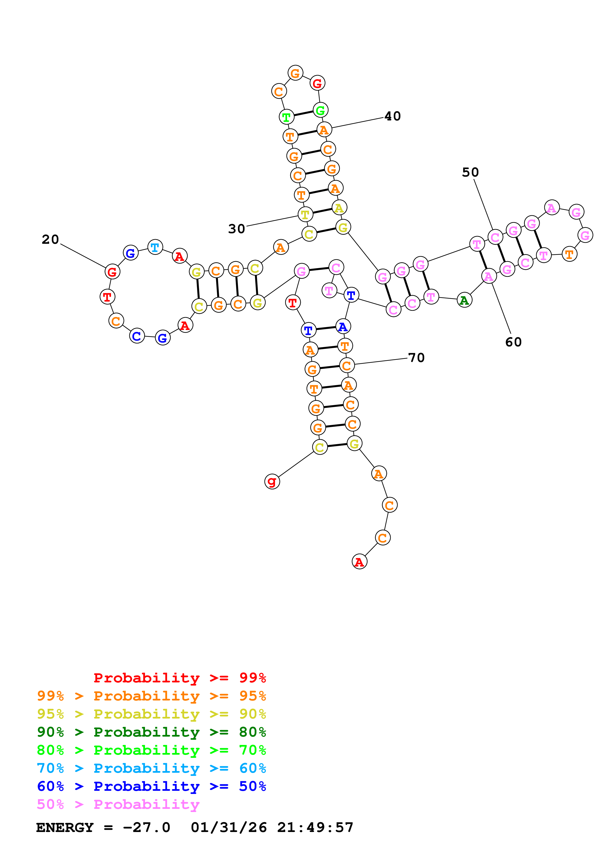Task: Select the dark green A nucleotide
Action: click(464, 300)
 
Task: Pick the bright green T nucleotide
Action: click(286, 117)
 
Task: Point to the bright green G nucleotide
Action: click(320, 110)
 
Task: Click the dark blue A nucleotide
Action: click(343, 326)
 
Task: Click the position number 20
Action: click(50, 240)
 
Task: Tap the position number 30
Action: click(236, 229)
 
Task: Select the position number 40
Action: click(393, 116)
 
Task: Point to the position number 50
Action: click(471, 172)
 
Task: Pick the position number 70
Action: click(416, 358)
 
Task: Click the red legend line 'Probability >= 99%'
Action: click(179, 678)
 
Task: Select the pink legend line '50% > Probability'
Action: click(118, 804)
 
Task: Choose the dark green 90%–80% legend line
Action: click(151, 732)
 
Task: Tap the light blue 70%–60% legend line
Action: click(151, 768)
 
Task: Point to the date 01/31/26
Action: click(229, 827)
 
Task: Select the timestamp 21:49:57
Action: click(315, 827)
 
